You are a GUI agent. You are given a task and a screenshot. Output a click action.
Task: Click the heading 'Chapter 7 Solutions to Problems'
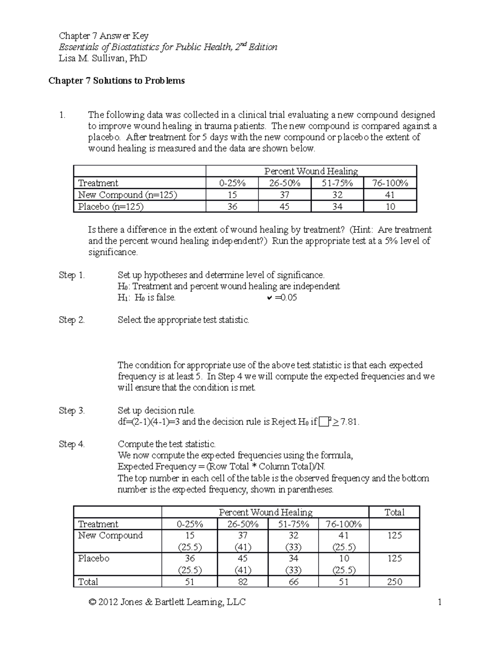pos(116,81)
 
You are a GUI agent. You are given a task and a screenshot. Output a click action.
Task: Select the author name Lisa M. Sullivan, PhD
pos(103,58)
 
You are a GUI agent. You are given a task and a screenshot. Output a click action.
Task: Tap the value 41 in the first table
pos(390,195)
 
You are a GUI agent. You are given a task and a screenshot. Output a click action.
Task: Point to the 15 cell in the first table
pos(232,195)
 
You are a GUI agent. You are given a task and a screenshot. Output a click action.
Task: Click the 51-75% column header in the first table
pos(337,183)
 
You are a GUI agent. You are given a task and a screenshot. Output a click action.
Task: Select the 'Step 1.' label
pos(72,275)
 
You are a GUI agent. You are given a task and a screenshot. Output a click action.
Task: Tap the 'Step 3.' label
pos(72,411)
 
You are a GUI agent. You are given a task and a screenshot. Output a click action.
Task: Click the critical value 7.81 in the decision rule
pos(349,422)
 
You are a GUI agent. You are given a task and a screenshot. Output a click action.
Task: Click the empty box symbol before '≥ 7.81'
pos(323,422)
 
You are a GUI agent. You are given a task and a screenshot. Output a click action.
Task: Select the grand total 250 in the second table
pos(394,582)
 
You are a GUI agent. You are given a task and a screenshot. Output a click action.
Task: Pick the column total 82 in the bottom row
pos(242,582)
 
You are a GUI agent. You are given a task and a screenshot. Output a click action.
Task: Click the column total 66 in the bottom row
pos(293,582)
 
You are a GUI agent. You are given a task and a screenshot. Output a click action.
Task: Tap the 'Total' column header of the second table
pos(394,512)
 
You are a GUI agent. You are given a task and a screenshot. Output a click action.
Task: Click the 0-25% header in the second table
pos(190,524)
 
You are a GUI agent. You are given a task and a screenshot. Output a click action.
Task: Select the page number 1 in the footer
pos(439,602)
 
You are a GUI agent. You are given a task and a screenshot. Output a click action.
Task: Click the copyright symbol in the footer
pos(92,602)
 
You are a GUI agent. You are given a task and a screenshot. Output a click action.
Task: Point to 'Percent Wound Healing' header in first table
pos(311,171)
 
